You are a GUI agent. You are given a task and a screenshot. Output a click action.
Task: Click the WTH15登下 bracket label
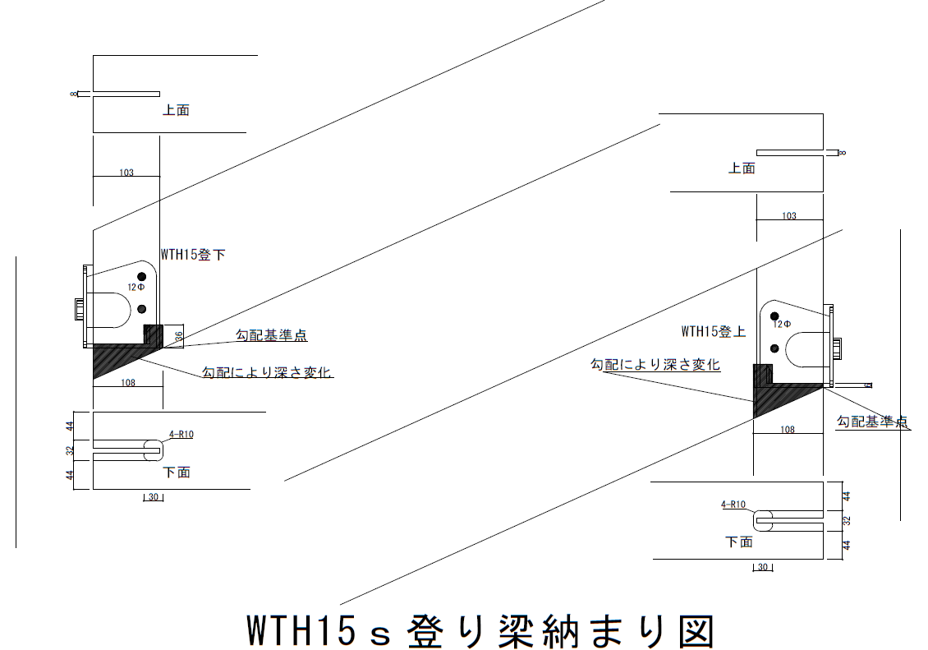pyautogui.click(x=193, y=255)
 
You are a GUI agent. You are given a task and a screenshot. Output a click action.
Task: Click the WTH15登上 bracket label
pyautogui.click(x=713, y=331)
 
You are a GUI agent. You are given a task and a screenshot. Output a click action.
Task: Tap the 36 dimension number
pyautogui.click(x=179, y=338)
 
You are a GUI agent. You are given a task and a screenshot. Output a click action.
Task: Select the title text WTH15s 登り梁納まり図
pyautogui.click(x=480, y=630)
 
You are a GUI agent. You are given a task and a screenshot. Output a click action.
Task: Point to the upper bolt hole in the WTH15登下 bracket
pyautogui.click(x=141, y=276)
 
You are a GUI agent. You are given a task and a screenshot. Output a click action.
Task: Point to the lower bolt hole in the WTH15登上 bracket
pyautogui.click(x=774, y=348)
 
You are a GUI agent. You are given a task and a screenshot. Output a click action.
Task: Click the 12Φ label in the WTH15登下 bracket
pyautogui.click(x=136, y=288)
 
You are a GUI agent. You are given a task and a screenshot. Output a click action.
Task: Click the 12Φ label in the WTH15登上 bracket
pyautogui.click(x=782, y=325)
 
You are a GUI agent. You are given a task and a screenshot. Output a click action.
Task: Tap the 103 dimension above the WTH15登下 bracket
pyautogui.click(x=126, y=173)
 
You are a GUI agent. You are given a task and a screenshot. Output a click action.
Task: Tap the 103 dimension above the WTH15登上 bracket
pyautogui.click(x=789, y=216)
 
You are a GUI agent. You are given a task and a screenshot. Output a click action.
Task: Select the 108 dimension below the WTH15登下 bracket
pyautogui.click(x=128, y=383)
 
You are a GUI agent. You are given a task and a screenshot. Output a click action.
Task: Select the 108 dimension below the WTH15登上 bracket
pyautogui.click(x=788, y=430)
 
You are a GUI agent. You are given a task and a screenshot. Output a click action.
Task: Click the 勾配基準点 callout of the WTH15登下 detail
pyautogui.click(x=272, y=335)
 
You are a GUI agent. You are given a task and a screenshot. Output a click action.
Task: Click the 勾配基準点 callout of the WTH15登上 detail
pyautogui.click(x=872, y=422)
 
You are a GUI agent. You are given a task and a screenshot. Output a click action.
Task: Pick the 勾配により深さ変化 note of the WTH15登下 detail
pyautogui.click(x=266, y=371)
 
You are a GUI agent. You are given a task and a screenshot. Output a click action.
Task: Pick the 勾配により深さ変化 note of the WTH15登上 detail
pyautogui.click(x=655, y=364)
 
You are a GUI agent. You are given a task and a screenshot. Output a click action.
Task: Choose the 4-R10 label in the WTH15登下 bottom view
pyautogui.click(x=181, y=435)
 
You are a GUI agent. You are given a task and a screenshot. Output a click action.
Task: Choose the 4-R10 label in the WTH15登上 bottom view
pyautogui.click(x=733, y=505)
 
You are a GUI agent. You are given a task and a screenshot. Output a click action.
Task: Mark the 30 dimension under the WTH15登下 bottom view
pyautogui.click(x=154, y=497)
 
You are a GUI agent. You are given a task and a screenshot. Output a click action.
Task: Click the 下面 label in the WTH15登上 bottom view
pyautogui.click(x=739, y=542)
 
